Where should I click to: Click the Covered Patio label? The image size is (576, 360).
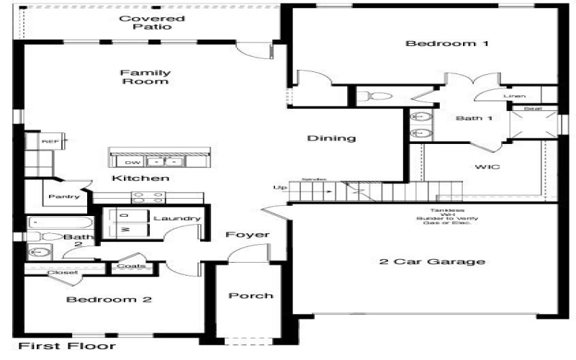pos(151,22)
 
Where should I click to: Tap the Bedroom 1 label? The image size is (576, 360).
pos(447,44)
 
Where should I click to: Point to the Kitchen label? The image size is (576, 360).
pos(140,178)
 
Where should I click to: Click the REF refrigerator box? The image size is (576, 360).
pos(50,142)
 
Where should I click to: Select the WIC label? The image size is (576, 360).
pos(488,166)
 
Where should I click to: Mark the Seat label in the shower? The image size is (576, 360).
pos(532,109)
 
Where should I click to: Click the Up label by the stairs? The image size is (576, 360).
pos(279,188)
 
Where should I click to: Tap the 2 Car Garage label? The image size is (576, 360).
pos(432,261)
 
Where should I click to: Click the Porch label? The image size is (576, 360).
pos(251,296)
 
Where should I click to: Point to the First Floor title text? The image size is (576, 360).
pos(66,346)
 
